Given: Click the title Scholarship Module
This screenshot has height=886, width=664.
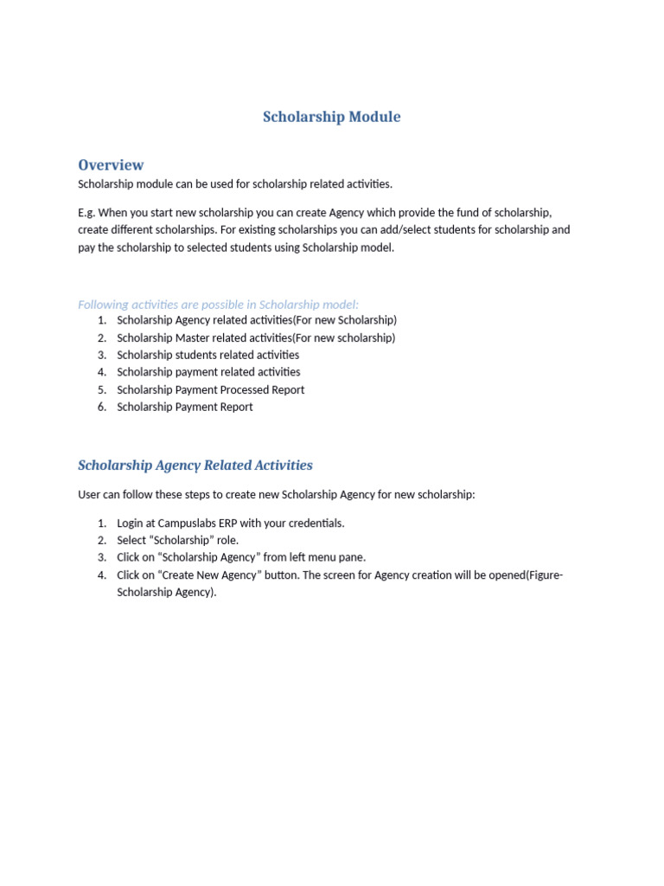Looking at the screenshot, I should (x=331, y=117).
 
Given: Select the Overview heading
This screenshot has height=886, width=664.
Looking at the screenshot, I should (x=111, y=164).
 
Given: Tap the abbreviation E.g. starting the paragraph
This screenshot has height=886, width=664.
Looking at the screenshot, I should (x=86, y=213).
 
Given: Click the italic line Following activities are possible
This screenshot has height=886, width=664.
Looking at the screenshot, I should (x=218, y=305).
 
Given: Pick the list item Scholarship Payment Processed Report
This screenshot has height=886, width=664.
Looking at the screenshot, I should (x=210, y=389).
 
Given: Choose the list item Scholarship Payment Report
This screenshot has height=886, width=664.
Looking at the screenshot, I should (x=184, y=407).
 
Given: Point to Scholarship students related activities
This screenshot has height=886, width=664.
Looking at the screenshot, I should (x=207, y=355).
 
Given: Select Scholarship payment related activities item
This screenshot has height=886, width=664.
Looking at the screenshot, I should (x=208, y=372).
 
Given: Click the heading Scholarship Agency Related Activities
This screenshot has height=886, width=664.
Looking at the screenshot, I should (x=195, y=465).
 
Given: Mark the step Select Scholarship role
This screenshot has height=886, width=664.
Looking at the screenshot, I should (x=177, y=541).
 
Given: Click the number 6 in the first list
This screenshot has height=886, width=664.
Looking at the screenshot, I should (x=101, y=407).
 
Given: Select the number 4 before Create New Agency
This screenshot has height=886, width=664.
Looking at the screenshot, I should (x=101, y=575).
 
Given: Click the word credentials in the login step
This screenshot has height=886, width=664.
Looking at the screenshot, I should (x=317, y=523).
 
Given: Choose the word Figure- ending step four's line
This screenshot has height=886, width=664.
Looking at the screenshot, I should (x=544, y=575).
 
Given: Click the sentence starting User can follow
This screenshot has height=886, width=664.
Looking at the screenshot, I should (x=276, y=495).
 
